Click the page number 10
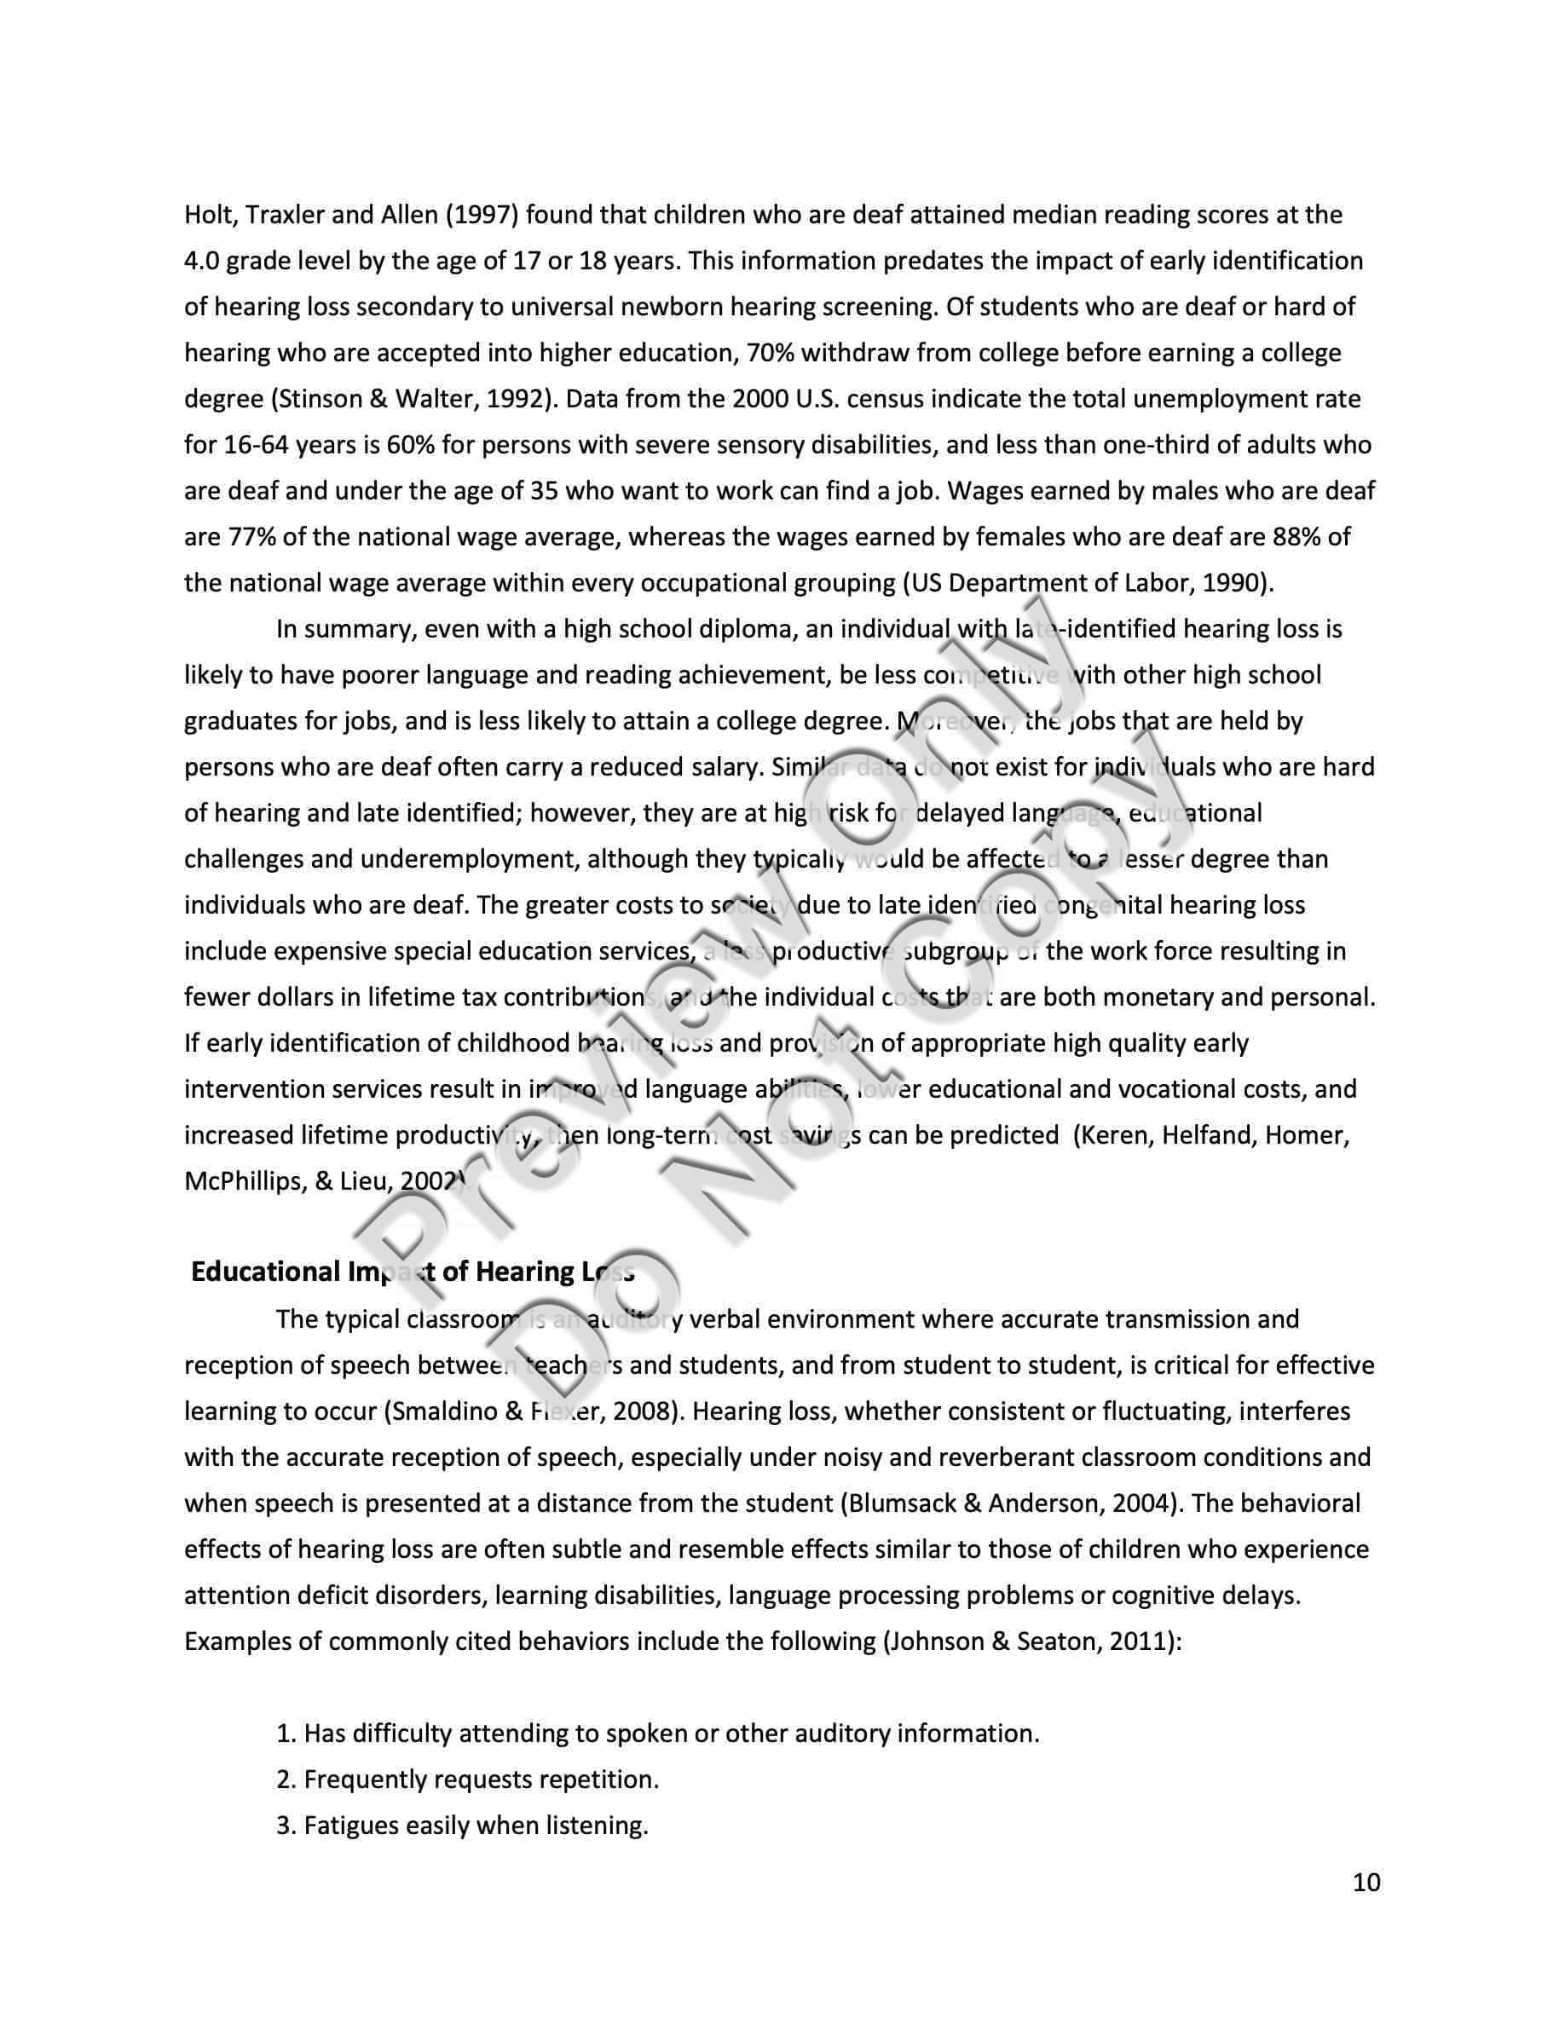coord(1366,1881)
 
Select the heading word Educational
coord(264,1272)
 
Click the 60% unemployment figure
coord(409,445)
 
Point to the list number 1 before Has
coord(285,1734)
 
